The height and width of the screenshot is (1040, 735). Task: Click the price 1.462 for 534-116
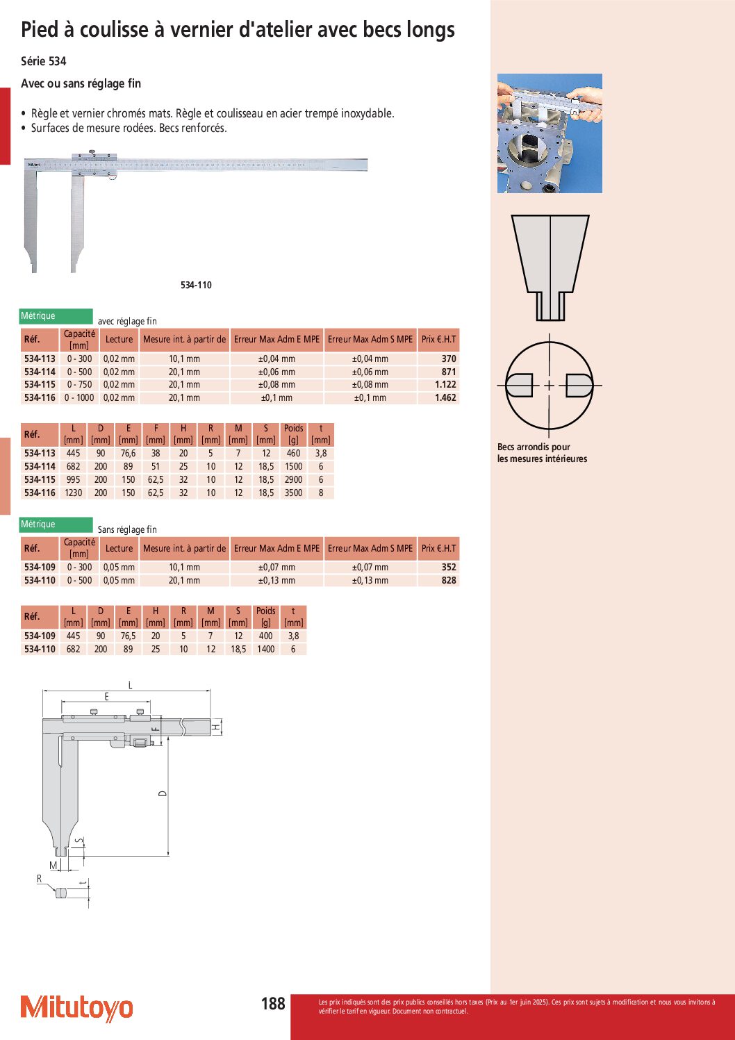coord(445,397)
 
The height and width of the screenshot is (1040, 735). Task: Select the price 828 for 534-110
coord(449,580)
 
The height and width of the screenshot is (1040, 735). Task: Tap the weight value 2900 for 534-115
coord(293,479)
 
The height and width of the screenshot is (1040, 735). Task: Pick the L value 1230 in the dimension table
coord(74,493)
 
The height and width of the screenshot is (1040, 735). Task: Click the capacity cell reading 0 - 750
coord(79,384)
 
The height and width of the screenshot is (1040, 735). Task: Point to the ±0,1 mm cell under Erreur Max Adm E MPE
coord(276,397)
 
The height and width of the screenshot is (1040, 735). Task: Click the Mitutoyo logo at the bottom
coord(76,1009)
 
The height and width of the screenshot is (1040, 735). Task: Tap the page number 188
coord(273,1003)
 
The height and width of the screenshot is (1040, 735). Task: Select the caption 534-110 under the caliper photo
coord(196,285)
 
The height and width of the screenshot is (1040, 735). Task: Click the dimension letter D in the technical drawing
coord(163,793)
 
